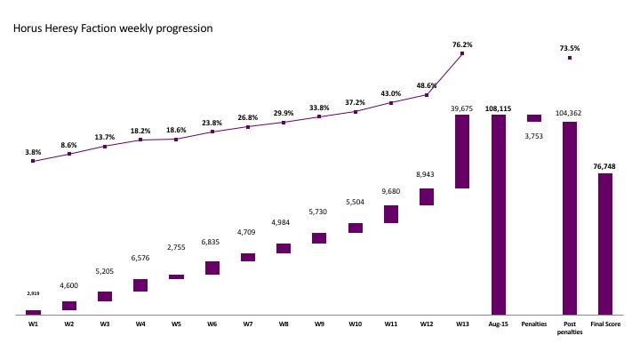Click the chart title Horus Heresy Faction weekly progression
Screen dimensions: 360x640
pyautogui.click(x=112, y=28)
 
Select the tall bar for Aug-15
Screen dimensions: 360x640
pyautogui.click(x=498, y=213)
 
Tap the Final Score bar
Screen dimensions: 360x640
pyautogui.click(x=605, y=244)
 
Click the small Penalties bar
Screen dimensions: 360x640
pyautogui.click(x=533, y=118)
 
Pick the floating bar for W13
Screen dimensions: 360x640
pyautogui.click(x=462, y=151)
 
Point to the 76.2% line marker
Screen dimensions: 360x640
pyautogui.click(x=462, y=53)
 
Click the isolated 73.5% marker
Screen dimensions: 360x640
pyautogui.click(x=570, y=58)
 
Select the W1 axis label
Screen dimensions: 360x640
pyautogui.click(x=33, y=324)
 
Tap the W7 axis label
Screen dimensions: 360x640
pyautogui.click(x=248, y=324)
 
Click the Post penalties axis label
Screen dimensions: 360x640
pyautogui.click(x=570, y=328)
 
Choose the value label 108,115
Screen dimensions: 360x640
pyautogui.click(x=498, y=108)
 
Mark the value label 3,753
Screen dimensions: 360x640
pyautogui.click(x=533, y=136)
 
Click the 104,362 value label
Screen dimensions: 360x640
pyautogui.click(x=570, y=113)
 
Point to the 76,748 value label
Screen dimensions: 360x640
pyautogui.click(x=605, y=165)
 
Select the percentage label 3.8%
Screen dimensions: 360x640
pyautogui.click(x=33, y=152)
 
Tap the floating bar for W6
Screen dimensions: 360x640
pyautogui.click(x=212, y=268)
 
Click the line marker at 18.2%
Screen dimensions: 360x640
pyautogui.click(x=140, y=140)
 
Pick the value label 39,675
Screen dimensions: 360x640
pyautogui.click(x=462, y=108)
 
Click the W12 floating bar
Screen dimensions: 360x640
pyautogui.click(x=427, y=196)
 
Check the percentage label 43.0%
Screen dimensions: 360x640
pyautogui.click(x=391, y=94)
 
